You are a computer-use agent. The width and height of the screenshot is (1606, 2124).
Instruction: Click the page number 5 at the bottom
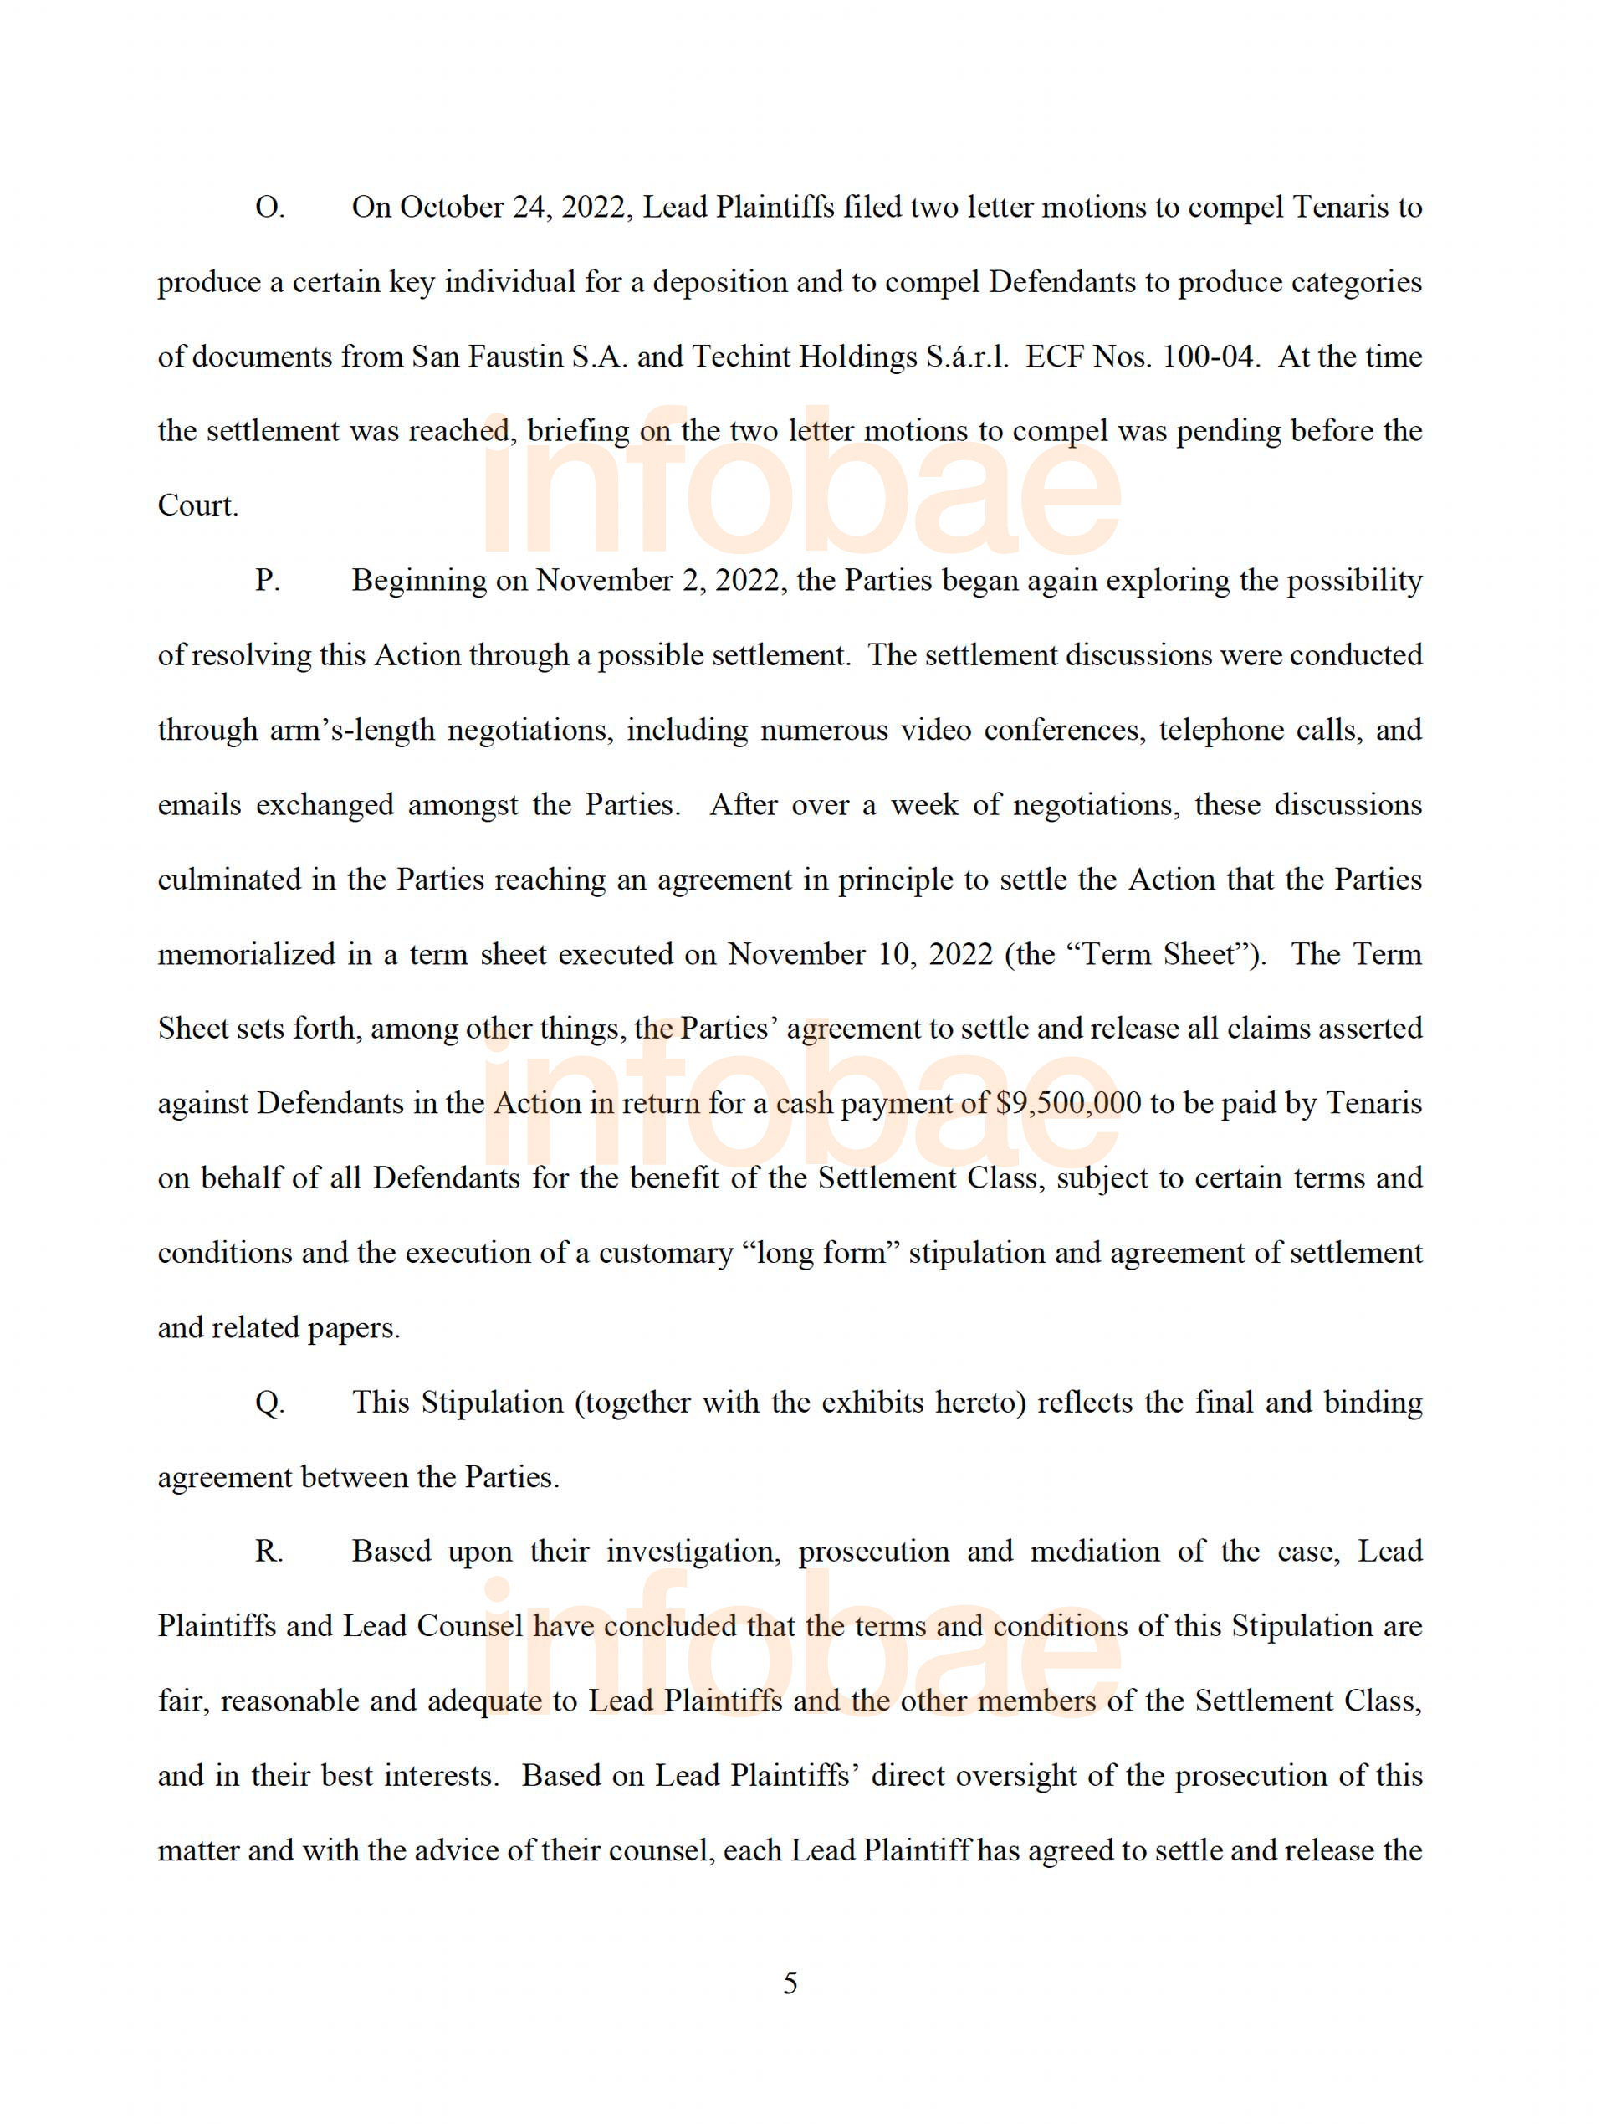coord(790,1983)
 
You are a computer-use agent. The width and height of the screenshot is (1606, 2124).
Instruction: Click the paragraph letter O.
coord(269,208)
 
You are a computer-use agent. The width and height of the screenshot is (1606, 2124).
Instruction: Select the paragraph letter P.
coord(267,581)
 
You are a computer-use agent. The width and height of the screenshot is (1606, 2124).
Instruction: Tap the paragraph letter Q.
coord(269,1403)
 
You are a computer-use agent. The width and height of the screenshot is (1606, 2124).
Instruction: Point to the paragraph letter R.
coord(268,1552)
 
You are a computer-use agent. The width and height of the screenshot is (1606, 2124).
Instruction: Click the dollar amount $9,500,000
coord(1069,1103)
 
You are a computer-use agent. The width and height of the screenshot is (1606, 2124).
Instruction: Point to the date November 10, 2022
coord(859,954)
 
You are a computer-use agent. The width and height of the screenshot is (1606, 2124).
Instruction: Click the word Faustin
coord(515,357)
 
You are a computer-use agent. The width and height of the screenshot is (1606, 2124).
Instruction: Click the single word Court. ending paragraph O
coord(197,506)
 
